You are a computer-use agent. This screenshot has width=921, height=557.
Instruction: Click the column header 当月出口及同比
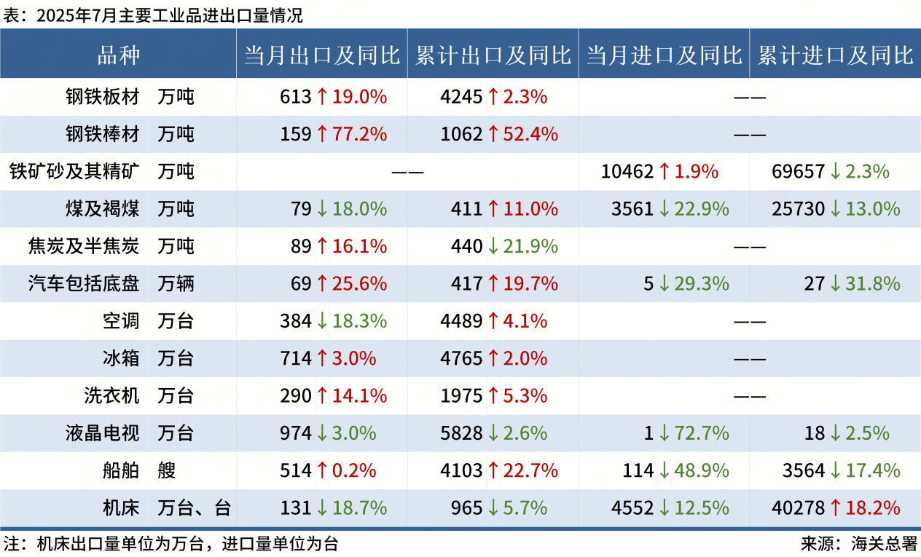[x=321, y=55]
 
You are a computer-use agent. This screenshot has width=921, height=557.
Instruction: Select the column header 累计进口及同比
[x=835, y=55]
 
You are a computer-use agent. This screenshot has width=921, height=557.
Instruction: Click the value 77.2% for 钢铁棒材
[x=359, y=134]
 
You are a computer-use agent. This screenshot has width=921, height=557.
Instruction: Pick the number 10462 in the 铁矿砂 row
[x=627, y=172]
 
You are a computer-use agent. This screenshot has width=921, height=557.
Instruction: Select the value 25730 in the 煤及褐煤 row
[x=798, y=210]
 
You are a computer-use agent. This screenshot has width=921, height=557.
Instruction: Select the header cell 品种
[x=118, y=55]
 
